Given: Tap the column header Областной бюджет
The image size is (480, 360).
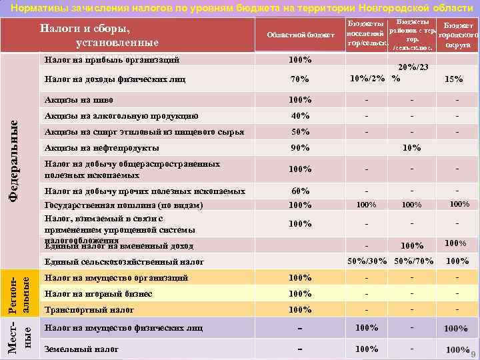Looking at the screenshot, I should tap(299, 35).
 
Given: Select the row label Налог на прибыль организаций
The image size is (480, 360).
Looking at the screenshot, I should tap(111, 60).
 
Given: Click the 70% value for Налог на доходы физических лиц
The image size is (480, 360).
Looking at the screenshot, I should tap(300, 80).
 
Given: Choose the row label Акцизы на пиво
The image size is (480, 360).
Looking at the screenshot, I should tap(75, 100).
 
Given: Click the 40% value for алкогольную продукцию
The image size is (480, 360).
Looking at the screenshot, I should tap(300, 115).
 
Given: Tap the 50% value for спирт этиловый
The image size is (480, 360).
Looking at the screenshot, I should tap(300, 131).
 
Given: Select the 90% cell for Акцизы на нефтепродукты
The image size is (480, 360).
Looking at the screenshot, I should tap(300, 147).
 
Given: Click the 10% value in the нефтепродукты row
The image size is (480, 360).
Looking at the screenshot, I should tap(412, 147).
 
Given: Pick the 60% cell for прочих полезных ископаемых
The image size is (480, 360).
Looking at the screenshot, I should tap(300, 191).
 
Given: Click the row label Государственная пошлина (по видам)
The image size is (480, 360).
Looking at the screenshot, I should tap(123, 205).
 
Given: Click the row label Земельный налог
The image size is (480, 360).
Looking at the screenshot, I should tap(81, 349).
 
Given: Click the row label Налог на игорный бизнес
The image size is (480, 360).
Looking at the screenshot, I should tap(98, 294).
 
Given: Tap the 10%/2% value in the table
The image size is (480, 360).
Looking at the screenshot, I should tap(367, 79).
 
